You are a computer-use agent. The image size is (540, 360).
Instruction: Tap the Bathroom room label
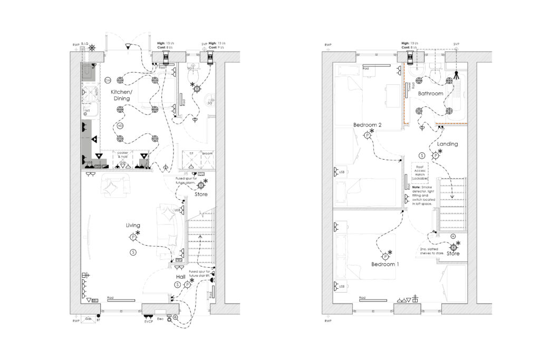430,93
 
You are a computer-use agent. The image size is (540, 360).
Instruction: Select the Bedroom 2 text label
368,124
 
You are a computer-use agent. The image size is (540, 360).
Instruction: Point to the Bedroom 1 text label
385,264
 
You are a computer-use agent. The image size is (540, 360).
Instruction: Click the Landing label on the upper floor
448,143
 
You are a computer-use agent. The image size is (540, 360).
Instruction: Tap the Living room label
132,225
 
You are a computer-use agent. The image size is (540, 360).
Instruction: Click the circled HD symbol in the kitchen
120,126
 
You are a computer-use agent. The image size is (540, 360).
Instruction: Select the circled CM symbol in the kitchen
108,80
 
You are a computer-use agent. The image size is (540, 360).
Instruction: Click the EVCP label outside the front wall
148,319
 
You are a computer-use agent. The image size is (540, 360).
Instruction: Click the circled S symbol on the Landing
421,155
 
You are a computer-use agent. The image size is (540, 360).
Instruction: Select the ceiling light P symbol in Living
133,238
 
